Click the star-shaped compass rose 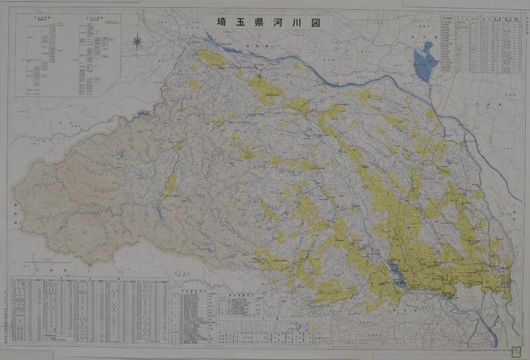tap(137, 42)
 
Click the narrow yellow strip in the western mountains tap(170, 184)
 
